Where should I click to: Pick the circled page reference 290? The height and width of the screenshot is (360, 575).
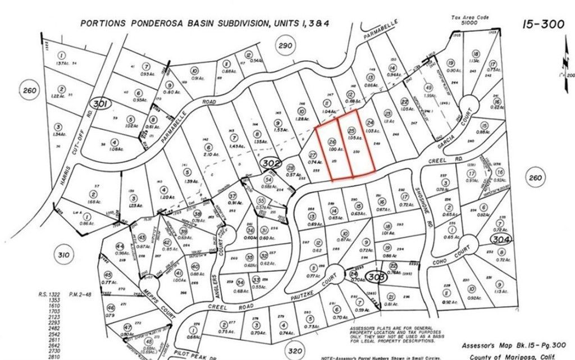(286, 45)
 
